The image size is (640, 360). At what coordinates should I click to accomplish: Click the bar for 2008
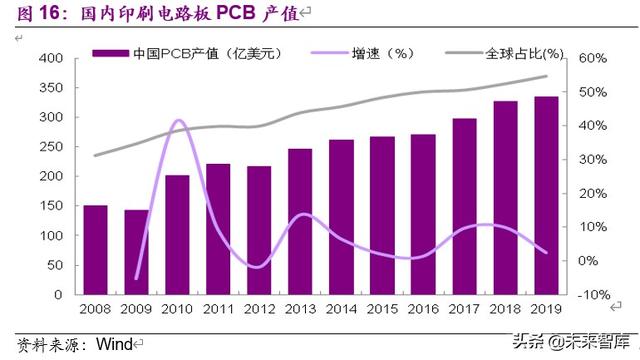(x=96, y=250)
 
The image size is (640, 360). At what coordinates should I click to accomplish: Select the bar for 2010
(x=177, y=235)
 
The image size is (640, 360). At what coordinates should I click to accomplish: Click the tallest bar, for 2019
(x=546, y=196)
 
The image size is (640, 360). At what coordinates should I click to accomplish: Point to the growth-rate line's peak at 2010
(x=178, y=121)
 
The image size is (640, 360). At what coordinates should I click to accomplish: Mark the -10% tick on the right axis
(x=592, y=295)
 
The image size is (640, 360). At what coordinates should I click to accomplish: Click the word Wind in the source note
(x=113, y=344)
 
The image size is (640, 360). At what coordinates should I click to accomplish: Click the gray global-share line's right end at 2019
(x=547, y=76)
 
